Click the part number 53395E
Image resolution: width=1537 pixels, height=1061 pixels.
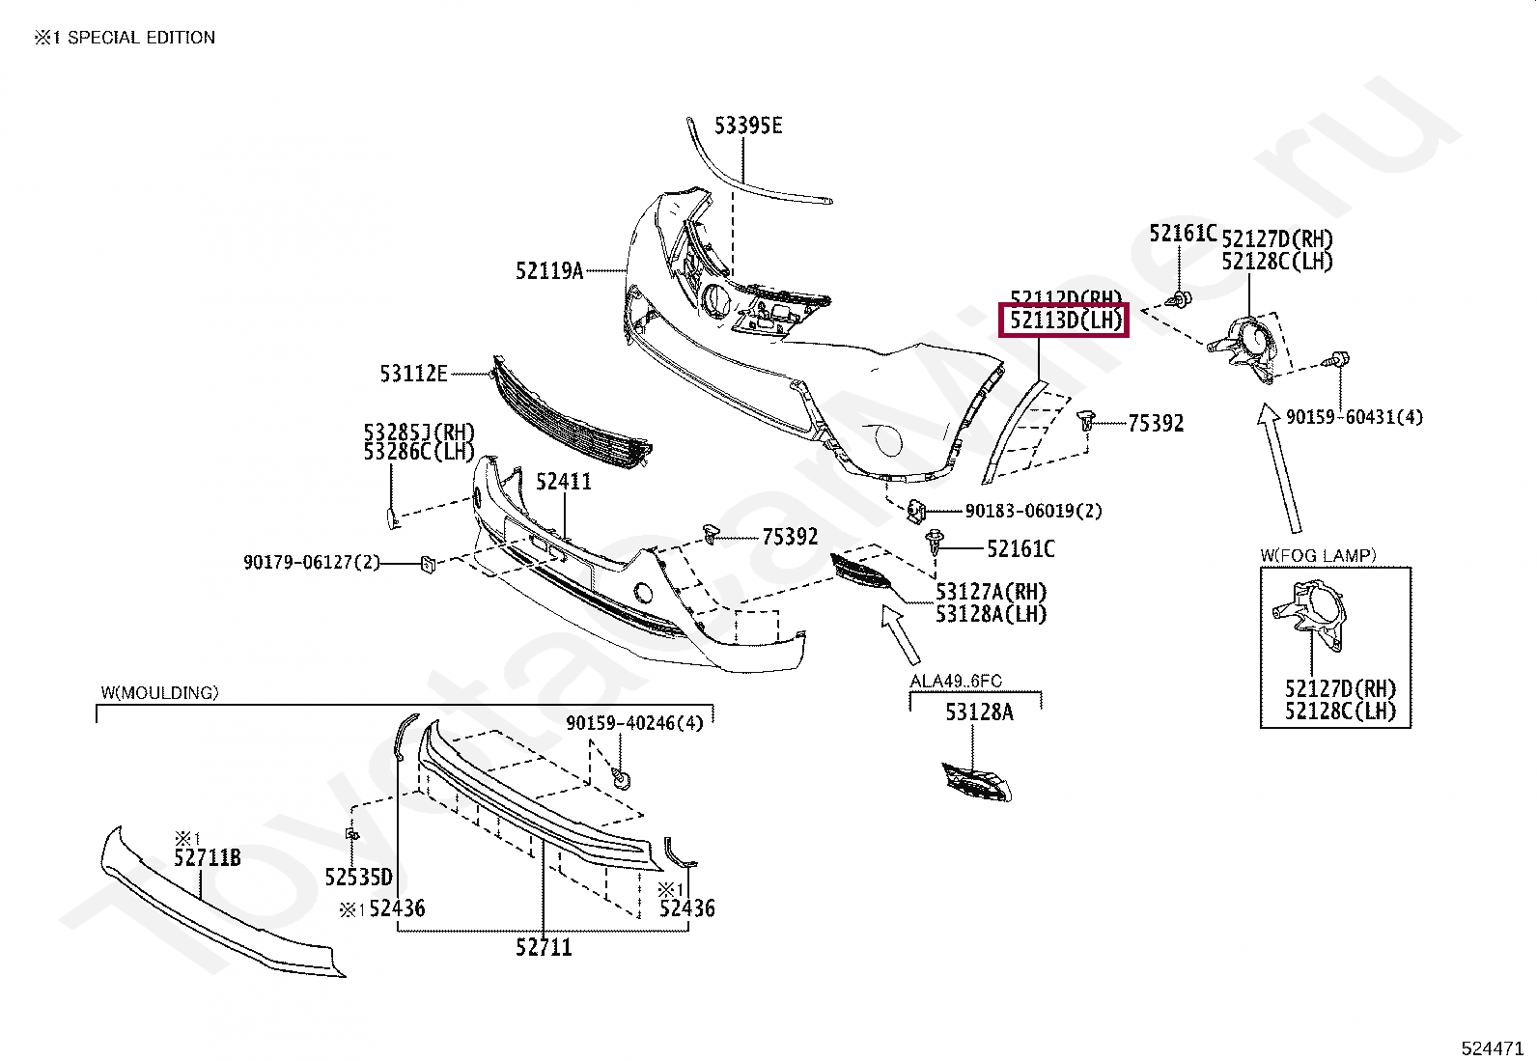coord(748,126)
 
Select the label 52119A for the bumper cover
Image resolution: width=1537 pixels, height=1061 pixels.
coord(549,271)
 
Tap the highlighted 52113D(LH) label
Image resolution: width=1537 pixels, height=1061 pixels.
coord(1065,320)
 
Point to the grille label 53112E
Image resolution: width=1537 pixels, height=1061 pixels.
coord(413,373)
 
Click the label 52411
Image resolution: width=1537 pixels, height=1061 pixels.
coord(564,481)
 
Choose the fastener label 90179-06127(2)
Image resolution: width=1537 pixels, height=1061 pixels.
coord(312,562)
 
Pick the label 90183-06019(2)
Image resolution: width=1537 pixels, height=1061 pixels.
coord(1033,511)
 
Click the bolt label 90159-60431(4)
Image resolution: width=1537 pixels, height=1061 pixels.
coord(1354,417)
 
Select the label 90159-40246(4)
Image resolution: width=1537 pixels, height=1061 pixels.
coord(634,722)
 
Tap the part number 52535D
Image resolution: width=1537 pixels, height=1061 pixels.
coord(358,877)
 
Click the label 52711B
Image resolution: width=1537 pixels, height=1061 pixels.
coord(208,857)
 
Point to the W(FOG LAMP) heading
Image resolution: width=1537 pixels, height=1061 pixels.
coord(1318,555)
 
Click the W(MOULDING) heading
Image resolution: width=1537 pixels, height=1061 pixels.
coord(159,692)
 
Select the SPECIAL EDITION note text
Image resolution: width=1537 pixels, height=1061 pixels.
coord(125,38)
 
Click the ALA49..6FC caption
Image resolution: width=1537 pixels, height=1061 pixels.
coord(956,682)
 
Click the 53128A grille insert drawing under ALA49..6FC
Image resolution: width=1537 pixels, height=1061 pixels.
coord(976,781)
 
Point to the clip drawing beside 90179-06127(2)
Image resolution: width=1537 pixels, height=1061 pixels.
coord(428,563)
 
